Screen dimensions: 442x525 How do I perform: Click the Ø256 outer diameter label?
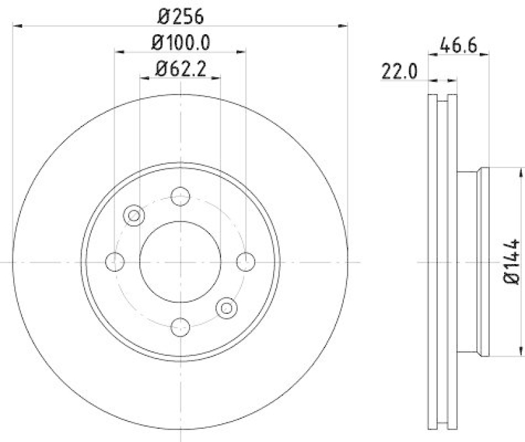pyautogui.click(x=180, y=13)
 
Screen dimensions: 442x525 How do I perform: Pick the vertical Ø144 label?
pyautogui.click(x=513, y=262)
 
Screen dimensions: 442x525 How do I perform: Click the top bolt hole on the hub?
pyautogui.click(x=180, y=196)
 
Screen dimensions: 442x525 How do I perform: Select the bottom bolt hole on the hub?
pyautogui.click(x=180, y=326)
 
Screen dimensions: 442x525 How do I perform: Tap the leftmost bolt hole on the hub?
pyautogui.click(x=115, y=261)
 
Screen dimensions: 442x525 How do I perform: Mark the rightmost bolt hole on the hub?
pyautogui.click(x=245, y=261)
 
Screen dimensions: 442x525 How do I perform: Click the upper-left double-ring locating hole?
pyautogui.click(x=135, y=215)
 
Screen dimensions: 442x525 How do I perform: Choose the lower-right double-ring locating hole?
pyautogui.click(x=226, y=307)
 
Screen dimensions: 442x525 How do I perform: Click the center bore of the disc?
pyautogui.click(x=180, y=261)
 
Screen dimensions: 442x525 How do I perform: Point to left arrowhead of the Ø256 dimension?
pyautogui.click(x=16, y=26)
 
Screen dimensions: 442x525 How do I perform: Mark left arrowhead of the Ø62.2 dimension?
pyautogui.click(x=144, y=77)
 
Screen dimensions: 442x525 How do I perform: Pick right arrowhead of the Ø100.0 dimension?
pyautogui.click(x=242, y=51)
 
